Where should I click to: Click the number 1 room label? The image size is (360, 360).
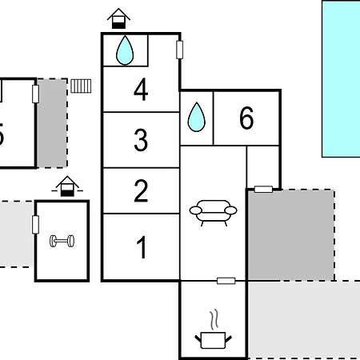[x=142, y=247]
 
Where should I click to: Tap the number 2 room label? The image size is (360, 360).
[x=141, y=190]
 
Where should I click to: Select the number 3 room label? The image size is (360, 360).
[x=141, y=140]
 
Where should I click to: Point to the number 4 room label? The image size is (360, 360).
[x=141, y=90]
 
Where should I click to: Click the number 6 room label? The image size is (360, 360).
[x=246, y=118]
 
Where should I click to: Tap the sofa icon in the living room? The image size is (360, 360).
[x=213, y=213]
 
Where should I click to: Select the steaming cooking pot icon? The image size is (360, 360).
[x=213, y=329]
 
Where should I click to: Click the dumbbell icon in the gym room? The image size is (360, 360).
[x=62, y=241]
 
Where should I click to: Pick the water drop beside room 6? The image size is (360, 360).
[x=197, y=117]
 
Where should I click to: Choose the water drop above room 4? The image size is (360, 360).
[x=125, y=50]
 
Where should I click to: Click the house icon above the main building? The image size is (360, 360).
[x=118, y=18]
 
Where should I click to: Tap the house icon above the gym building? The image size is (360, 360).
[x=67, y=186]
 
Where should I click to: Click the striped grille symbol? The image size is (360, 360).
[x=81, y=86]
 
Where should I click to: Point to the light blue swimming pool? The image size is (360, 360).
[x=341, y=79]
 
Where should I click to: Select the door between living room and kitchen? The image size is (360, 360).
[x=226, y=281]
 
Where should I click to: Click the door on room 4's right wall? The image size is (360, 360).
[x=180, y=50]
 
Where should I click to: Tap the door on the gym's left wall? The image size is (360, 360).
[x=35, y=225]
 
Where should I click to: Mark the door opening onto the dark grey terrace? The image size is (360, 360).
[x=263, y=190]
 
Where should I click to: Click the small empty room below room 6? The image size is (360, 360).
[x=263, y=167]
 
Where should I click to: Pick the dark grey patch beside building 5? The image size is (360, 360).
[x=52, y=123]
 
